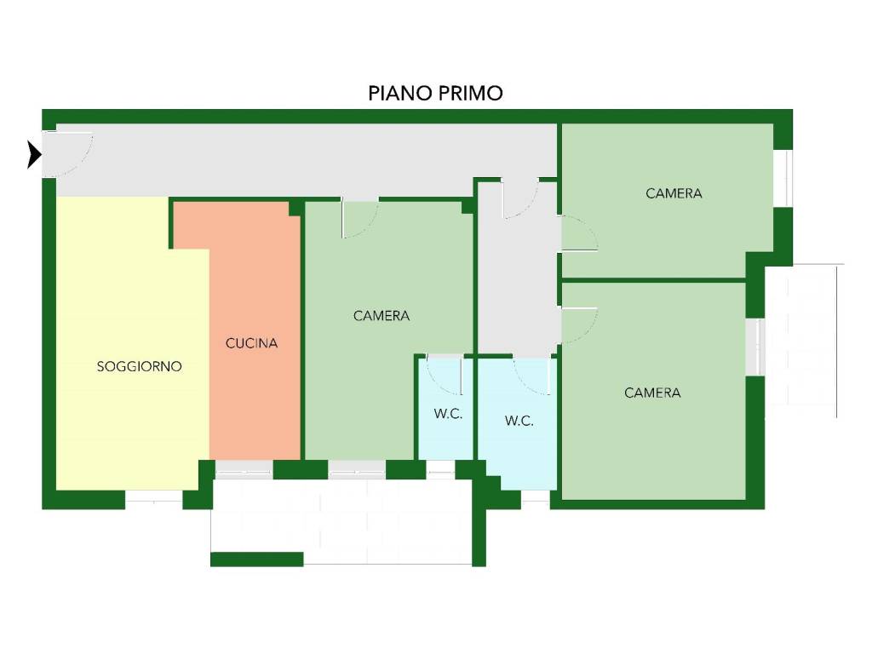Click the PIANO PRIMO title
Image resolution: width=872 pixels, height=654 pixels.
(x=435, y=93)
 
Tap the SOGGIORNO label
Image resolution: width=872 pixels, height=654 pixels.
(x=139, y=366)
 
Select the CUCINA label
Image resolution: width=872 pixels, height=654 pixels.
(x=251, y=343)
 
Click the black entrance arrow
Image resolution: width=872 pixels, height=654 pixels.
(x=34, y=154)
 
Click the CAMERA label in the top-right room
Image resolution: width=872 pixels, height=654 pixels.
(x=674, y=193)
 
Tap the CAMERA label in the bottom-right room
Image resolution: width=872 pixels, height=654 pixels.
(x=652, y=393)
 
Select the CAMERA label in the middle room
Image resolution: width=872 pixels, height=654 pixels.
(x=381, y=316)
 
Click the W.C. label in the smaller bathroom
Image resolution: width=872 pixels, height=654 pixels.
(x=448, y=414)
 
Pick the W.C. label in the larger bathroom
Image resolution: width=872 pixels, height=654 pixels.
(x=519, y=421)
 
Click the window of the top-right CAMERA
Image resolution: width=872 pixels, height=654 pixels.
(x=783, y=178)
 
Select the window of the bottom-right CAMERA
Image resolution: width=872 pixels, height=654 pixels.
(x=755, y=347)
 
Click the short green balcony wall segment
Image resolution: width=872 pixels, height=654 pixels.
(x=257, y=559)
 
